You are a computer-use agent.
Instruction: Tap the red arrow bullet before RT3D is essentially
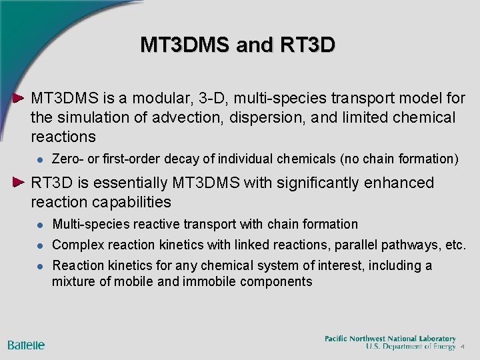tap(21, 182)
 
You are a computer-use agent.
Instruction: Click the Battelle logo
tap(27, 345)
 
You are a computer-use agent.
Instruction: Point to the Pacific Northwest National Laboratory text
tap(390, 339)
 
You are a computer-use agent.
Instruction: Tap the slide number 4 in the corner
tap(462, 347)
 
